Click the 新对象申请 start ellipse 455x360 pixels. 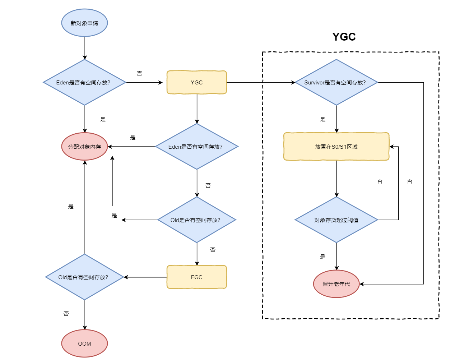pos(84,23)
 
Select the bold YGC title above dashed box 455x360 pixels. pos(344,37)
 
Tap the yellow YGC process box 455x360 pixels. pos(196,82)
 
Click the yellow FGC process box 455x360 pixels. pos(196,277)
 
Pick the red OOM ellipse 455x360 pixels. pos(84,343)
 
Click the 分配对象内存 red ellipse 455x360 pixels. pos(84,147)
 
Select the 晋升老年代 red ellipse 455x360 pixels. pos(336,284)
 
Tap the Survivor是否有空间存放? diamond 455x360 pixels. pos(336,82)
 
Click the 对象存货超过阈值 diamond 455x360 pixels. pos(336,220)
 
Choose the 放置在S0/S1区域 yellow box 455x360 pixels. pos(336,147)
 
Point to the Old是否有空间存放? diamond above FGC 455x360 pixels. pos(196,220)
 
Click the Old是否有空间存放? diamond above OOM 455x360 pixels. pos(84,277)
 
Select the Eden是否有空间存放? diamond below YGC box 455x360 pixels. pos(196,147)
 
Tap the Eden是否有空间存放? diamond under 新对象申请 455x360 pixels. pos(84,82)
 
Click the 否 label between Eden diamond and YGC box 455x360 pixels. pos(139,73)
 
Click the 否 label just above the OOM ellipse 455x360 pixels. pos(66,314)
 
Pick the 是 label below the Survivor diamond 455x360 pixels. pos(322,119)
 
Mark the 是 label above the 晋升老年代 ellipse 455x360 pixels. pos(322,257)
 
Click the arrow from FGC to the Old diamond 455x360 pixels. pos(145,277)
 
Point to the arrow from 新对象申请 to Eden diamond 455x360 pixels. pos(85,48)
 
